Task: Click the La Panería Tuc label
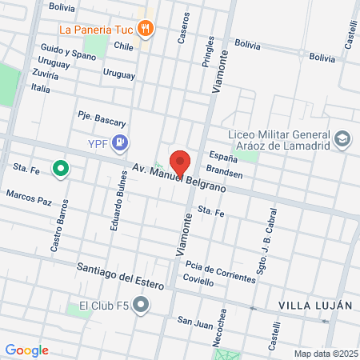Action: pos(94,30)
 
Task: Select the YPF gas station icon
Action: pos(120,143)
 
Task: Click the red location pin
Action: pos(180,162)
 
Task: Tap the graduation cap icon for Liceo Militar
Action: pos(342,139)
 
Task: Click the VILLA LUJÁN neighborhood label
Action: pos(314,306)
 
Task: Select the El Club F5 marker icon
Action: pos(142,305)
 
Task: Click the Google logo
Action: pos(26,350)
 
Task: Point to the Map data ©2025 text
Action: pos(324,354)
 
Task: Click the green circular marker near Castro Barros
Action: pos(59,168)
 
